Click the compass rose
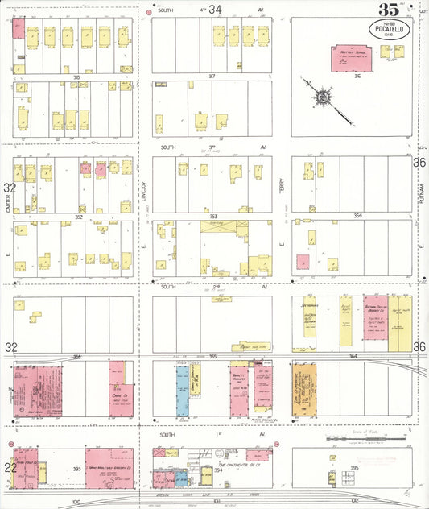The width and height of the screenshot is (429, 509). (323, 97)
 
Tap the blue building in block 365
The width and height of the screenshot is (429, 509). (182, 392)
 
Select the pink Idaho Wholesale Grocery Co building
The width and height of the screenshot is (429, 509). (110, 468)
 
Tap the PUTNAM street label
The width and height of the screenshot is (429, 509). (421, 194)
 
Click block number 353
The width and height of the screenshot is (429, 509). (212, 216)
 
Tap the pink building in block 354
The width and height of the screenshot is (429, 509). (303, 262)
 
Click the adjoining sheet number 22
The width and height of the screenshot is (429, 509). (8, 467)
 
